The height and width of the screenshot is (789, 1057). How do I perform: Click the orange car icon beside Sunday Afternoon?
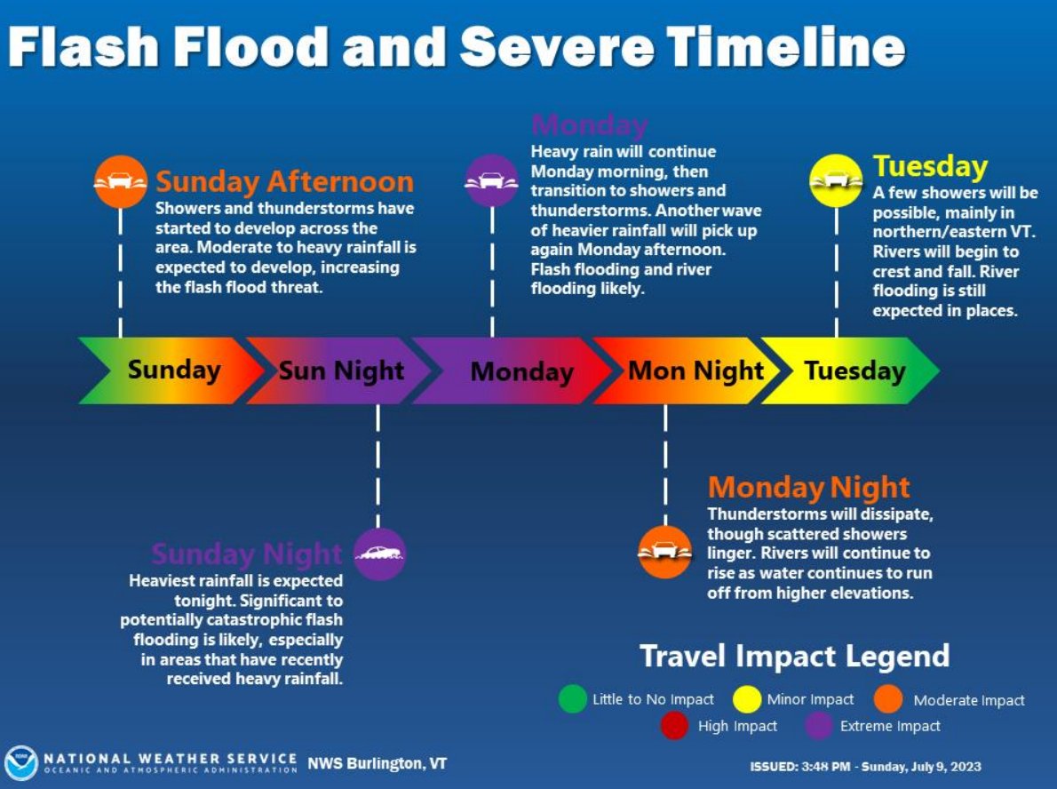pyautogui.click(x=121, y=181)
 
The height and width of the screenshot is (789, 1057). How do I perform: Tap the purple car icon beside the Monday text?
pyautogui.click(x=491, y=181)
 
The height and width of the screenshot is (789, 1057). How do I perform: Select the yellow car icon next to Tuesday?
pyautogui.click(x=835, y=180)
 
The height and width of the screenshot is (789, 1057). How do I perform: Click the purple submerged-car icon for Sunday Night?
pyautogui.click(x=379, y=554)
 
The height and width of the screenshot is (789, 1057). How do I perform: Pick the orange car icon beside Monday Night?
pyautogui.click(x=665, y=552)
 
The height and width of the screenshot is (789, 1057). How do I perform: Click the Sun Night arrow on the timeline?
pyautogui.click(x=338, y=371)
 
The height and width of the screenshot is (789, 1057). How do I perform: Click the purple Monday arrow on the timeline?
pyautogui.click(x=515, y=371)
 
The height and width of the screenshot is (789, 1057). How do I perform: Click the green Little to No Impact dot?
pyautogui.click(x=573, y=699)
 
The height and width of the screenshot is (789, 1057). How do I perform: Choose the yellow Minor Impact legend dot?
pyautogui.click(x=747, y=699)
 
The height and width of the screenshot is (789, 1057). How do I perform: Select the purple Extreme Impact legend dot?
pyautogui.click(x=819, y=726)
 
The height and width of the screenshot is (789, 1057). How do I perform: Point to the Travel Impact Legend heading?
pyautogui.click(x=794, y=657)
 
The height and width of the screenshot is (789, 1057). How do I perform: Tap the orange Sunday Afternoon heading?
pyautogui.click(x=284, y=182)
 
